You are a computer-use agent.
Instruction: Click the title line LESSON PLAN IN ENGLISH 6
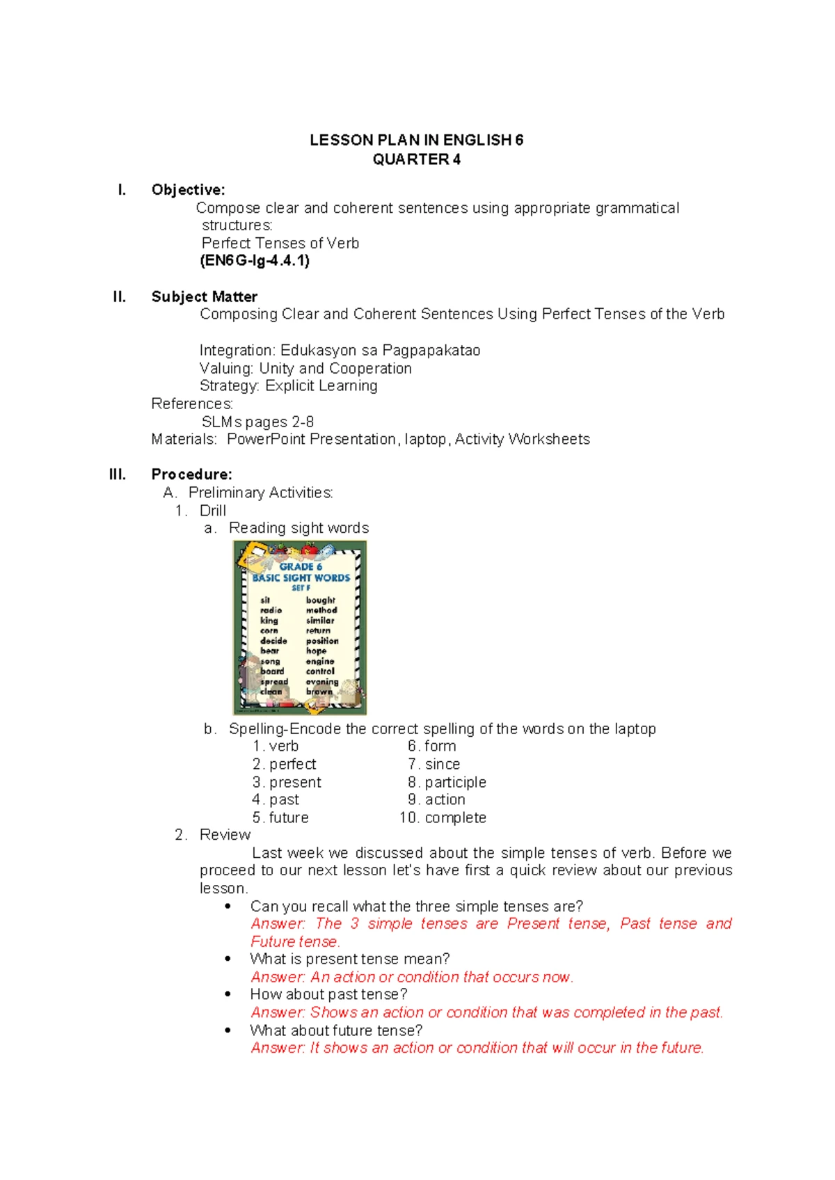click(416, 140)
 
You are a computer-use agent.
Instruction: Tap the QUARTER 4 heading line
click(416, 159)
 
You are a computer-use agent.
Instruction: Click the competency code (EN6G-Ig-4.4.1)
click(255, 261)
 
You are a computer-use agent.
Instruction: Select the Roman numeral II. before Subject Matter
click(120, 297)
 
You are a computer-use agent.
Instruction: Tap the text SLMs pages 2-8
click(257, 422)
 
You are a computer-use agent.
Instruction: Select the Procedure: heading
click(191, 475)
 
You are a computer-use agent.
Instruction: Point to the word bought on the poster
click(320, 600)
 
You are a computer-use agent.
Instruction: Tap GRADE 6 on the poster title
click(301, 566)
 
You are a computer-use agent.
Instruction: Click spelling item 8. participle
click(447, 782)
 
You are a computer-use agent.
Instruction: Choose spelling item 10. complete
click(443, 818)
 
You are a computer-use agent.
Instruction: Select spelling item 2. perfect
click(284, 764)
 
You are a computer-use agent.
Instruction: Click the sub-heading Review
click(225, 835)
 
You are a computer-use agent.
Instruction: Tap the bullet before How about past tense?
click(228, 994)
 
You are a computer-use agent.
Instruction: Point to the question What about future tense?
click(336, 1030)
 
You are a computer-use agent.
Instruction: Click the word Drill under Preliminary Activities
click(212, 511)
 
